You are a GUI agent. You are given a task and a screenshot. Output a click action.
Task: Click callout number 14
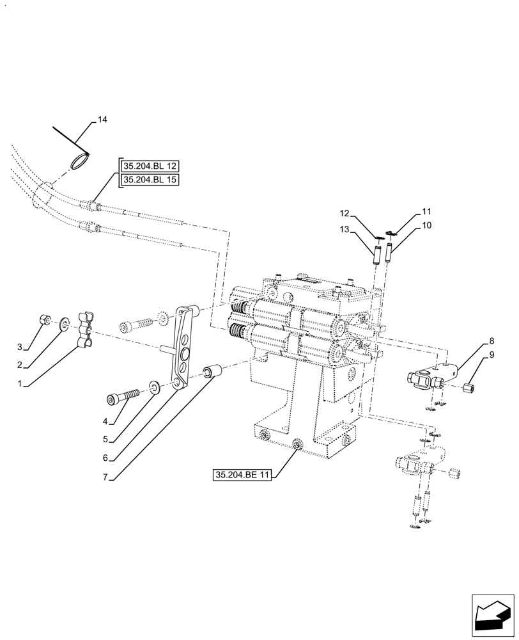pyautogui.click(x=103, y=120)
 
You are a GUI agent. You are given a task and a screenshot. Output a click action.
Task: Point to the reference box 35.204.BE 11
pyautogui.click(x=244, y=475)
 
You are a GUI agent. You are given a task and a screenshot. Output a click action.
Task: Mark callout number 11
pyautogui.click(x=426, y=211)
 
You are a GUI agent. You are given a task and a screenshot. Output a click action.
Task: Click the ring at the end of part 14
pyautogui.click(x=80, y=159)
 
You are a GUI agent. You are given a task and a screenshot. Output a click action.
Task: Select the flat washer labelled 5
pyautogui.click(x=155, y=387)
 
